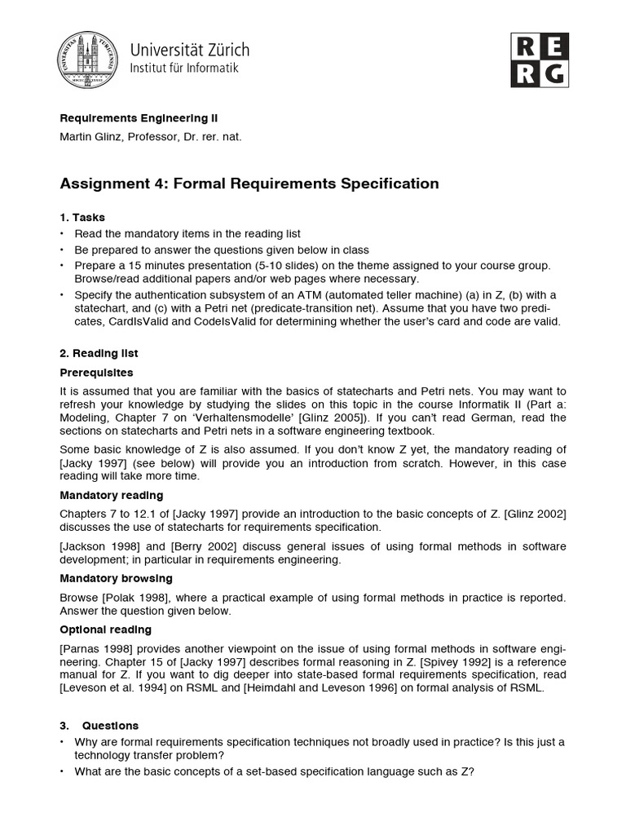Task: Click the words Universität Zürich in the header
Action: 190,49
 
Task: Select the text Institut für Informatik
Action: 184,68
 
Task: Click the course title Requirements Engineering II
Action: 139,117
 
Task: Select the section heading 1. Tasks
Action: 82,217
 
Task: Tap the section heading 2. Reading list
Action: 99,353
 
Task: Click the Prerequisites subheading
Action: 96,372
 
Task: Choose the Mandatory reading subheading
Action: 112,495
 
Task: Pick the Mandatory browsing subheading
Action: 116,578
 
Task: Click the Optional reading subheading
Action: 106,630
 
